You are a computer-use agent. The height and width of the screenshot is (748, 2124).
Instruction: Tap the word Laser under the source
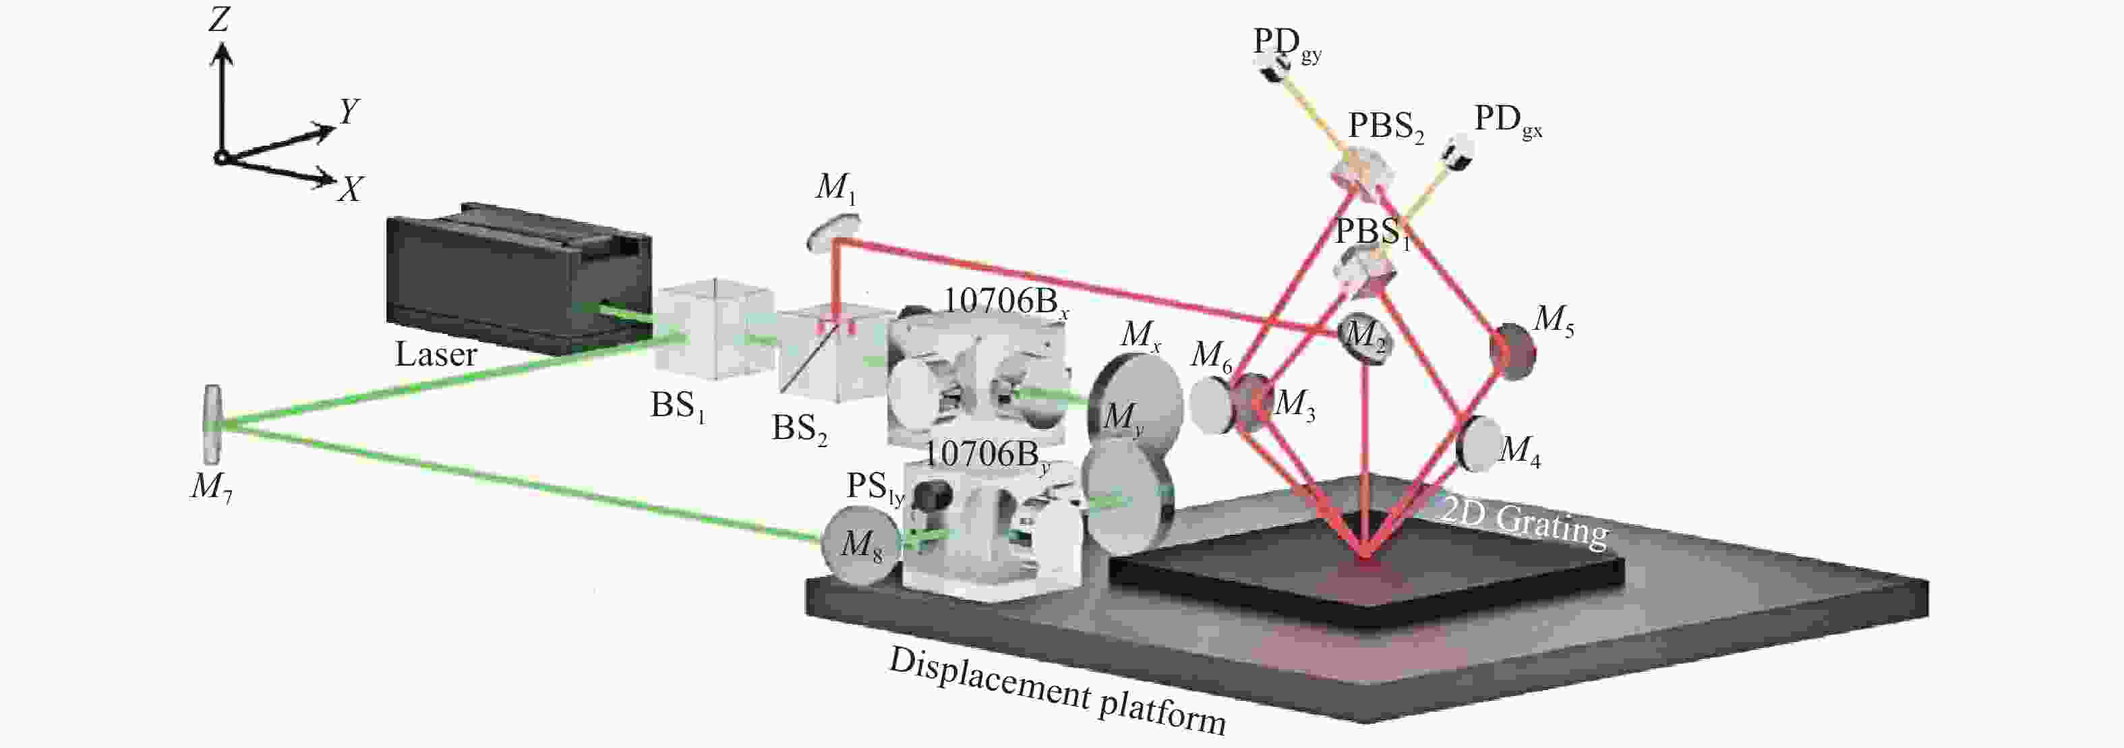click(x=436, y=355)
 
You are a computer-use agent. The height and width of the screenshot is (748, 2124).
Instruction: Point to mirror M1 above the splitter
click(x=831, y=232)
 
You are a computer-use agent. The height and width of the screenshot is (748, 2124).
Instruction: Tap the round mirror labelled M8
click(x=858, y=545)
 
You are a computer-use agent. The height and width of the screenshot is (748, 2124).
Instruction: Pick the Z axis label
click(x=218, y=18)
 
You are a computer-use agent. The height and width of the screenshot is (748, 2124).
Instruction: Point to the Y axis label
click(x=348, y=111)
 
